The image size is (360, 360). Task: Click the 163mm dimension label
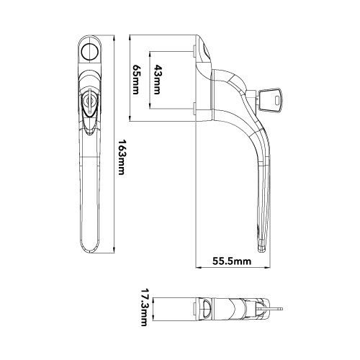point(122,157)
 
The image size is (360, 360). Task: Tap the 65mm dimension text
point(135,79)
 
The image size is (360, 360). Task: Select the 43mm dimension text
point(157,79)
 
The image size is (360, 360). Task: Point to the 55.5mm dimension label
point(232,261)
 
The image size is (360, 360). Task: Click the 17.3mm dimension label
point(143,307)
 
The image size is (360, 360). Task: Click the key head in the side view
point(271,101)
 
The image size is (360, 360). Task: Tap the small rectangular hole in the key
point(277,100)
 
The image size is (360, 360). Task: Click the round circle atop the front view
point(90,51)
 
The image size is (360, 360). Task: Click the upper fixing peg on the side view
point(194,51)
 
